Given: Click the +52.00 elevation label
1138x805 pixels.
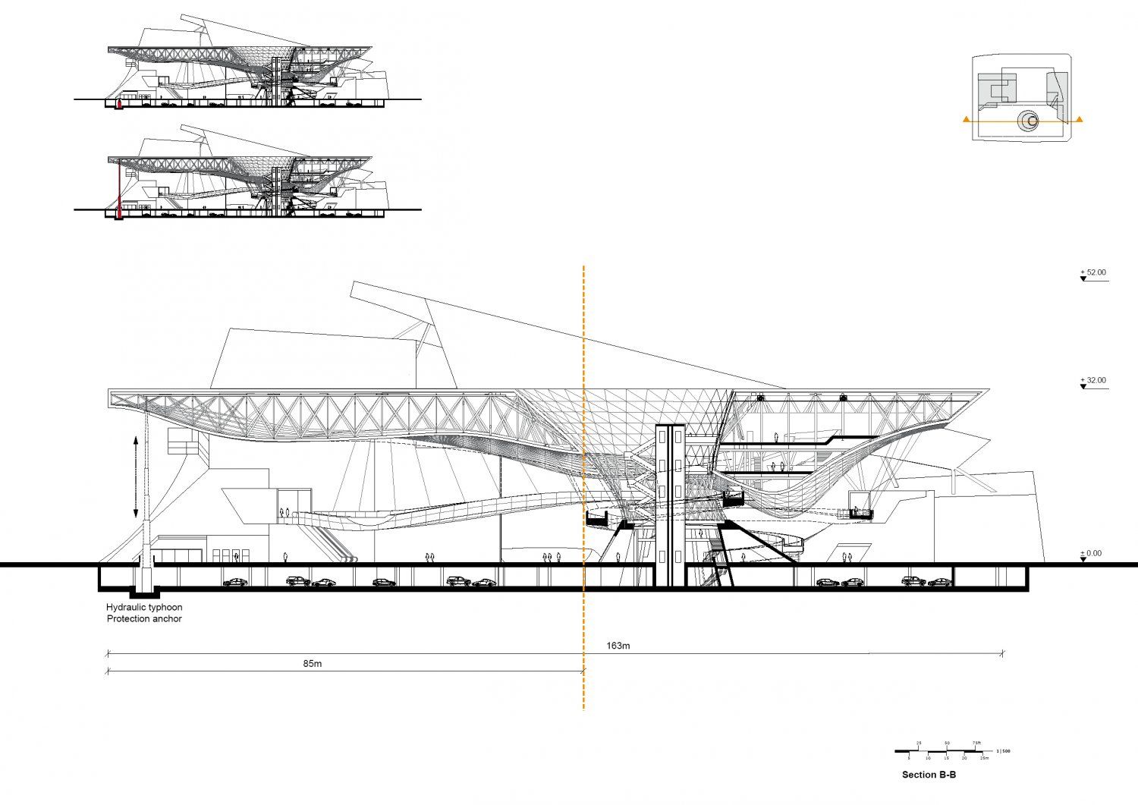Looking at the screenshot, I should pos(1093,272).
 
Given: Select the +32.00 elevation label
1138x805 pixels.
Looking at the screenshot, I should pos(1093,381).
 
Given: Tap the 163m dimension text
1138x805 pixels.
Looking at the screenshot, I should pos(618,646).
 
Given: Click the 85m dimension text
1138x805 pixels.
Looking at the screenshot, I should pos(313,664).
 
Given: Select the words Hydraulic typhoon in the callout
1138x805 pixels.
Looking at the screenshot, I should pos(144,608).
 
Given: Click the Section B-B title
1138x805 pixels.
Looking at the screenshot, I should pos(929,775).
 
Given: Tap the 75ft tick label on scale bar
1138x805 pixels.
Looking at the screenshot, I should pos(976,744).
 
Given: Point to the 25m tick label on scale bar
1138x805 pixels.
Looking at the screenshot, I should pos(984,758).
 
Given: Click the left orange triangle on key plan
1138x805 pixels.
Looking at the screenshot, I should pos(965,119).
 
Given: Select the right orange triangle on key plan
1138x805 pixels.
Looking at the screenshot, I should pos(1080,119).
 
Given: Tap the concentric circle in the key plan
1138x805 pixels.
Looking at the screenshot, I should pos(1030,121).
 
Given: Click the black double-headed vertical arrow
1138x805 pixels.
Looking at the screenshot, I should pos(136,476).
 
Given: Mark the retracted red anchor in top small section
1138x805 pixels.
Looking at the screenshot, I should pos(118,103).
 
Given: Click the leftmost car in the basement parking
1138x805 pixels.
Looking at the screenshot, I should pos(235,583).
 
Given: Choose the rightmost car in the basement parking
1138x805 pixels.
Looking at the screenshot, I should pos(940,583).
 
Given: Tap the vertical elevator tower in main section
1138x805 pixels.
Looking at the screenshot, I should pos(671,505).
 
